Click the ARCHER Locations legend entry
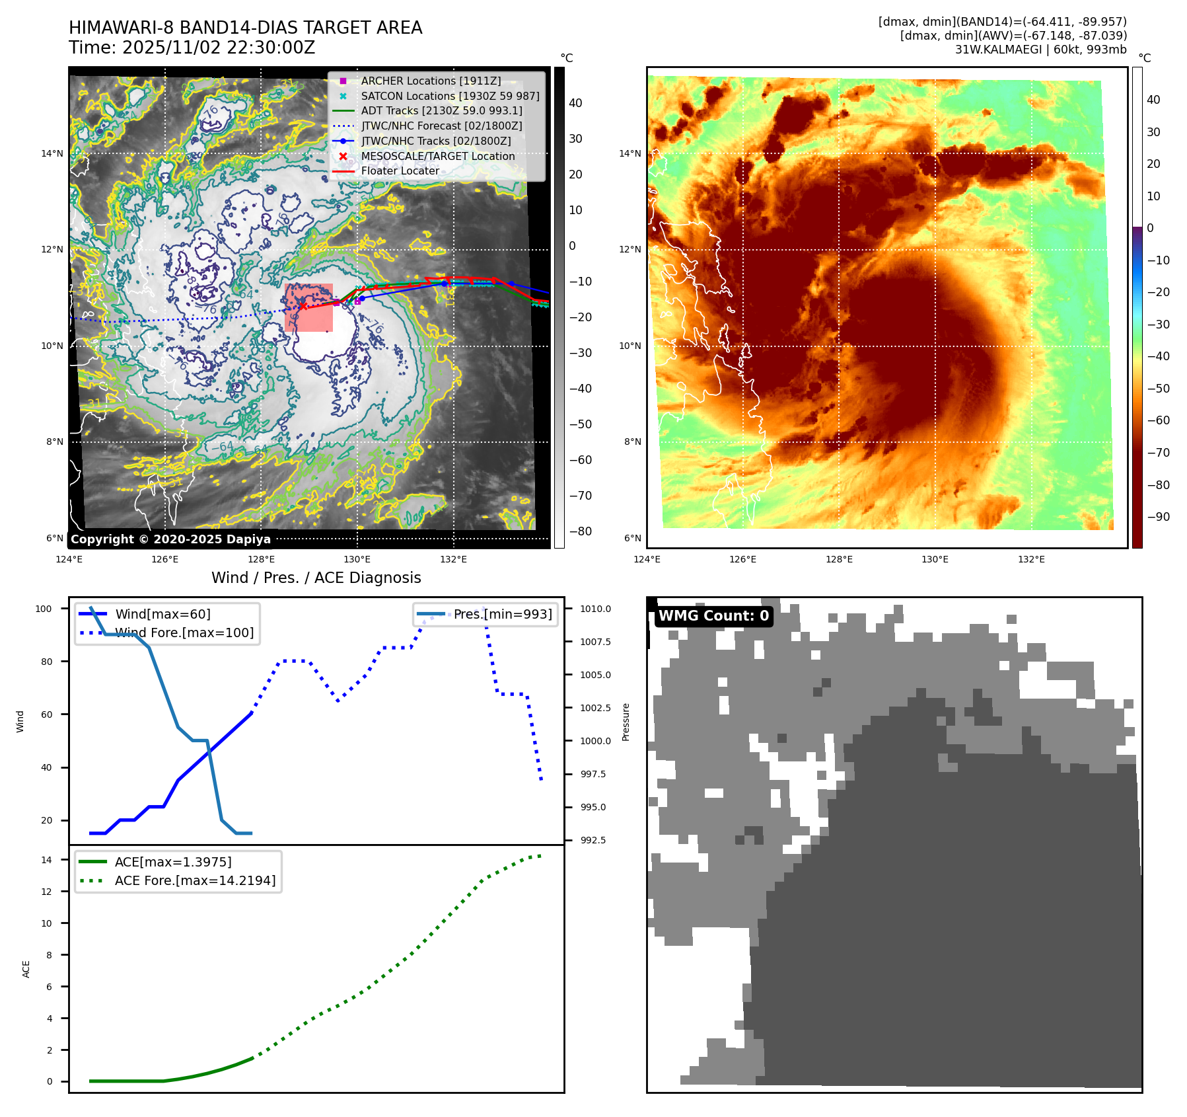tap(431, 81)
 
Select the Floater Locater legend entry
tap(400, 171)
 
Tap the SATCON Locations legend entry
tap(450, 96)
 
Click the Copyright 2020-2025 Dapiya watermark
tap(170, 539)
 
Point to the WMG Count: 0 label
tap(713, 616)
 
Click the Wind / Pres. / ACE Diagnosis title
tap(316, 578)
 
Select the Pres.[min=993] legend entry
tap(503, 614)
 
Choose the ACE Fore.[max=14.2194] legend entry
tap(195, 880)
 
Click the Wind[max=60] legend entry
tap(162, 614)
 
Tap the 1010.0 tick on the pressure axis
tap(595, 609)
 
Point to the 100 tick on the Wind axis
tap(44, 609)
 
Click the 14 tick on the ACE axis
tap(46, 860)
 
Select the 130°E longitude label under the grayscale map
tap(357, 559)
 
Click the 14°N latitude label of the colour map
tap(629, 153)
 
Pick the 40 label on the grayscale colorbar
tap(575, 103)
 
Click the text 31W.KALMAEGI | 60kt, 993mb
tap(1040, 49)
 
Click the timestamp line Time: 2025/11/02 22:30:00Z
tap(192, 48)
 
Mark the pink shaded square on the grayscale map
tap(308, 307)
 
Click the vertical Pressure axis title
tap(626, 722)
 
